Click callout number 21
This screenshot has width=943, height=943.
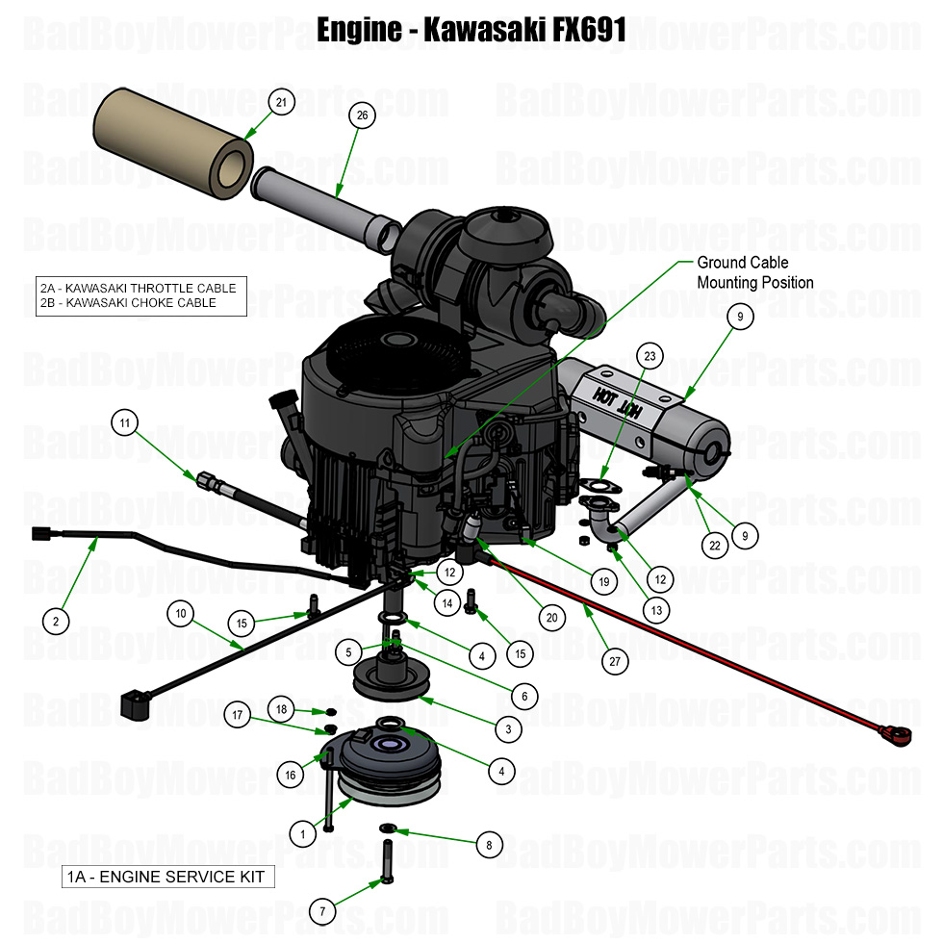click(x=281, y=103)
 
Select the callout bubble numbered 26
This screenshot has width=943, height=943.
click(x=362, y=115)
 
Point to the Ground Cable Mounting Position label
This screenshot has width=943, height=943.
click(x=754, y=272)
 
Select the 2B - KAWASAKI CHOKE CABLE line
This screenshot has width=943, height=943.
click(x=128, y=302)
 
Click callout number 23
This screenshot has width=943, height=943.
click(x=650, y=356)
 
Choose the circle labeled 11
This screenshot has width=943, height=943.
click(x=124, y=421)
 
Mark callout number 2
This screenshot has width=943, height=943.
click(x=56, y=622)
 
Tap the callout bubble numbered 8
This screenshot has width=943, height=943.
click(x=489, y=846)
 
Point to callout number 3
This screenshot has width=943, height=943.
click(x=509, y=729)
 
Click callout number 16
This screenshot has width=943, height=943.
click(x=290, y=775)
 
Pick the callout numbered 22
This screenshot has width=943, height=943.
click(x=714, y=545)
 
